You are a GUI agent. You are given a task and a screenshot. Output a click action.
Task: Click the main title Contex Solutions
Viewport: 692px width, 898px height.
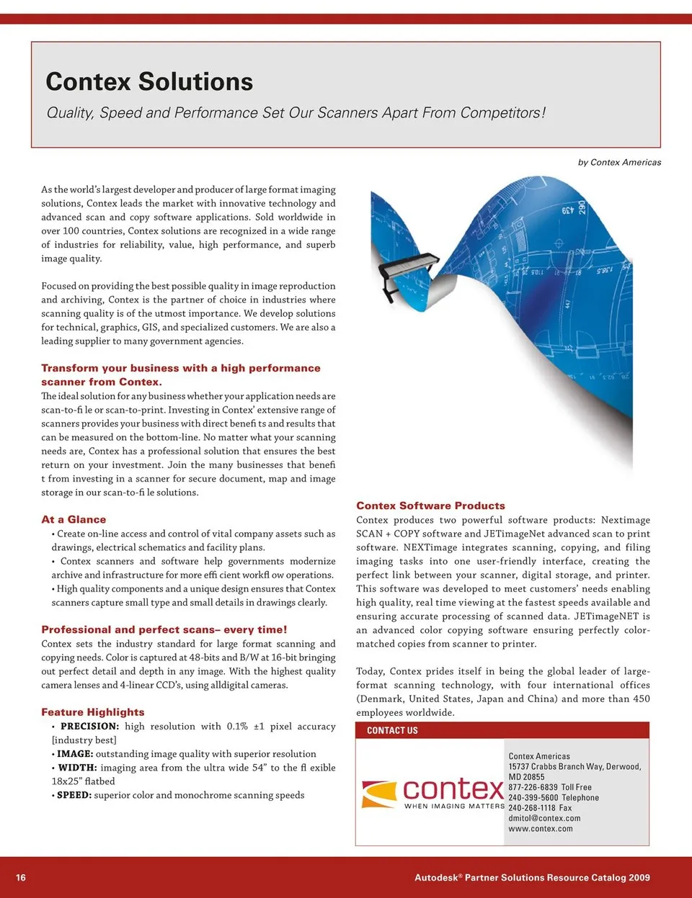149,82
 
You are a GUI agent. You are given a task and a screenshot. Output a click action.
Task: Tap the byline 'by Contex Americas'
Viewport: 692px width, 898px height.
619,163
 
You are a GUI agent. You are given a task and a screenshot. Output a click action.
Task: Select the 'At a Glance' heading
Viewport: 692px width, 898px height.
74,519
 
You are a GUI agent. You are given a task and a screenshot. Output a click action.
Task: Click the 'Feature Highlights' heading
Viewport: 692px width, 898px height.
93,712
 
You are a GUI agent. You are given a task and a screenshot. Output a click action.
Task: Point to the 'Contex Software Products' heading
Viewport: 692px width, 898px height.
430,506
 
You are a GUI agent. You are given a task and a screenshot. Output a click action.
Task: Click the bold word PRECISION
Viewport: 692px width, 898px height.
89,727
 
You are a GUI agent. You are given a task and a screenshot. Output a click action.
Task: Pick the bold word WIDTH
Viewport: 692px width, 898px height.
77,768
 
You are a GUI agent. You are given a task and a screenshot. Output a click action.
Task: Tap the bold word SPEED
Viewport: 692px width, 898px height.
74,795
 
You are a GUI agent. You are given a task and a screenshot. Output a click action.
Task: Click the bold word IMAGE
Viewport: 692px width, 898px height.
75,754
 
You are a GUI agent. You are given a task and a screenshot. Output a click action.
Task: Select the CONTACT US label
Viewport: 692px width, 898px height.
392,730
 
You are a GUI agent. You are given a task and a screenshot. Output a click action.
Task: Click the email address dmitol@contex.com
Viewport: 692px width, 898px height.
544,818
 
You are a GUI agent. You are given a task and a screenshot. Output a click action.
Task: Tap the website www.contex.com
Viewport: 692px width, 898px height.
541,829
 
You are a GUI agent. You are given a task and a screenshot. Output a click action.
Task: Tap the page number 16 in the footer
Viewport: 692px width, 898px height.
21,877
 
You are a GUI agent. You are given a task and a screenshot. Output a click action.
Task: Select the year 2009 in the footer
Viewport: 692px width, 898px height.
639,877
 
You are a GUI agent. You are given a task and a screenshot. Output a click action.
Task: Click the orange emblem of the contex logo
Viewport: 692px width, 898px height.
379,794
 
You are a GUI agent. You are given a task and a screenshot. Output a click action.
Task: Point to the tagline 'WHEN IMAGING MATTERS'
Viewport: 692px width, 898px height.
454,807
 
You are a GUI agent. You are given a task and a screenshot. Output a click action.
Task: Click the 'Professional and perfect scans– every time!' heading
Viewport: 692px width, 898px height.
164,629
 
